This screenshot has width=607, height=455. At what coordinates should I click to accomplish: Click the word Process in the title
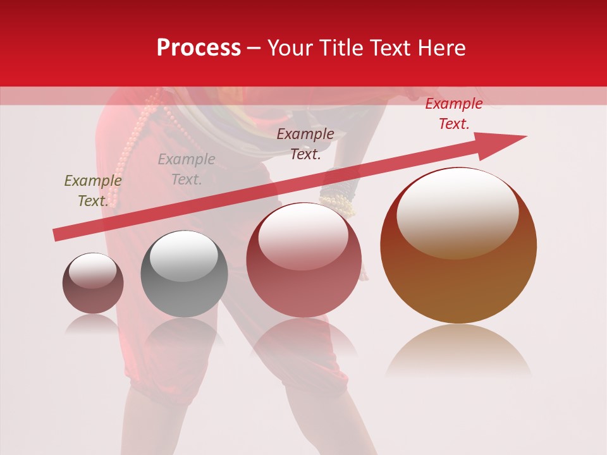tap(199, 48)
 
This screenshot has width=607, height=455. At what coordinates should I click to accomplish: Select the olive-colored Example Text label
tap(92, 191)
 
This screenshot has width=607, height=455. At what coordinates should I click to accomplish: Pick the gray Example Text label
tap(186, 169)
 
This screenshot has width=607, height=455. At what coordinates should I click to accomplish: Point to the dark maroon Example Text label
tap(305, 144)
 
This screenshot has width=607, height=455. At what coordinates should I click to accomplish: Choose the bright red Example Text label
tap(453, 114)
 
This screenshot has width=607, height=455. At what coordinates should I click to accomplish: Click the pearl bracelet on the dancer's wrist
tap(338, 203)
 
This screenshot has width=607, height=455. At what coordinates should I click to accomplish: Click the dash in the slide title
tap(254, 49)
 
